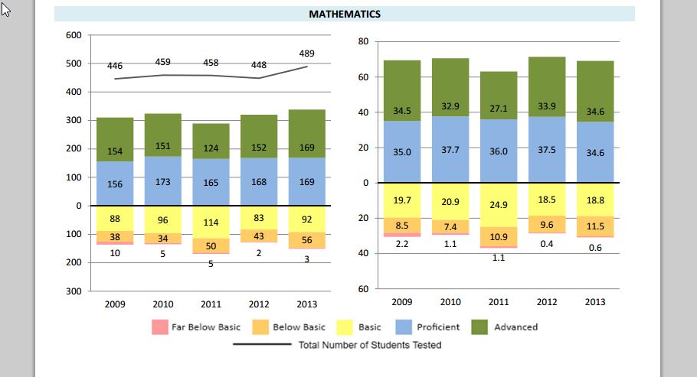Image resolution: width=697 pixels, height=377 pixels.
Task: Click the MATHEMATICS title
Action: click(x=345, y=14)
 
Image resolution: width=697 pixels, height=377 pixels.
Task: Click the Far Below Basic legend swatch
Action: click(x=159, y=327)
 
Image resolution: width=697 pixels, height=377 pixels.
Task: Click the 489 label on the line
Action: click(x=306, y=54)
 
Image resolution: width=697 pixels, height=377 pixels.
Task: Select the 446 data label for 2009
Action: click(x=115, y=67)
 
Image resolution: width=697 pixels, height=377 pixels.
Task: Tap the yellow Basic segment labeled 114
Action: click(x=211, y=223)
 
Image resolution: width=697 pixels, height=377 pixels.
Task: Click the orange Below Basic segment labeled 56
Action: click(x=306, y=240)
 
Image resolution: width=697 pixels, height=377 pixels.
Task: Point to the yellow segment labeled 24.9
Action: click(x=499, y=205)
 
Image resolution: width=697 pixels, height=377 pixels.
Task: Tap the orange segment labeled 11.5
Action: click(x=595, y=226)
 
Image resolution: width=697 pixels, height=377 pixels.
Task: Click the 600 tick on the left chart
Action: click(x=74, y=35)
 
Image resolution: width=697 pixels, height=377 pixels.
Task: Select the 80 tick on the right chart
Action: click(x=364, y=41)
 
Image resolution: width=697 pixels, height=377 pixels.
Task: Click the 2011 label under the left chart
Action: click(x=211, y=303)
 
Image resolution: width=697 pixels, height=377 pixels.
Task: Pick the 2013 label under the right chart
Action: click(x=595, y=302)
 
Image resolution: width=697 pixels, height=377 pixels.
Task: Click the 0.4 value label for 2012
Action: click(x=547, y=244)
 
